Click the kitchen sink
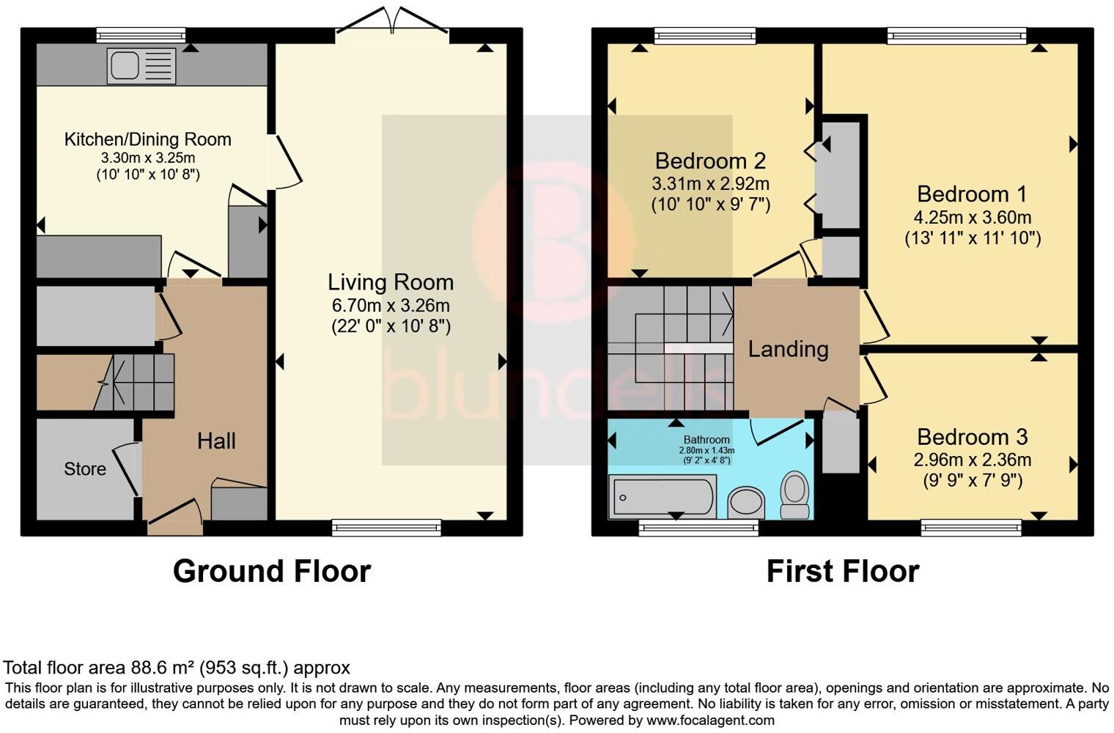coord(141,66)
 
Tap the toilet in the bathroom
coord(795,495)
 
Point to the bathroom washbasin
coord(746,502)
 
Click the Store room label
coord(85,469)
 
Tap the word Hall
coord(216,441)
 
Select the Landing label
coord(789,349)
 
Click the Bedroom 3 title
coord(973,437)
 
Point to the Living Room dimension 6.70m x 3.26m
coord(391,305)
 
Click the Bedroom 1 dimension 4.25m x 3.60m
coord(973,217)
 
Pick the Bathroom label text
coord(707,440)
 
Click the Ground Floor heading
coord(271,572)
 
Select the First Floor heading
coord(843,572)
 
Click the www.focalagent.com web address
coord(710,720)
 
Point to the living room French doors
coord(393,21)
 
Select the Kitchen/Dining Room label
coord(148,139)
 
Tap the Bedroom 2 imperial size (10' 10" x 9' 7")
coord(711,205)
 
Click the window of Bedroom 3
coord(971,528)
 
